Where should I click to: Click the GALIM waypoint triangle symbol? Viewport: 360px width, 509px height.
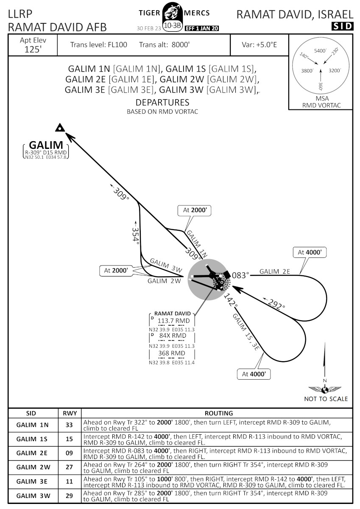[60, 127]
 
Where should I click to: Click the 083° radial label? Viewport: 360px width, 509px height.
[240, 275]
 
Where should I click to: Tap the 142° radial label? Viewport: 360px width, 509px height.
[231, 300]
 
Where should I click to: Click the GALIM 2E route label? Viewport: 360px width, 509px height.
[275, 271]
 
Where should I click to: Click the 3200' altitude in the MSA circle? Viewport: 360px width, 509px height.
[335, 71]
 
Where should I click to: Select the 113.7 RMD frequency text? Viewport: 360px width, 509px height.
[173, 321]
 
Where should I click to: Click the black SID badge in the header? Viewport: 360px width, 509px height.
[342, 26]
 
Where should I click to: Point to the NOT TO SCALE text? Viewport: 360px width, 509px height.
[326, 399]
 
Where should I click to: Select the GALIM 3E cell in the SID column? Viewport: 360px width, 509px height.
[33, 482]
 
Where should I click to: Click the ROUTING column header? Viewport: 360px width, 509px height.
[219, 413]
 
